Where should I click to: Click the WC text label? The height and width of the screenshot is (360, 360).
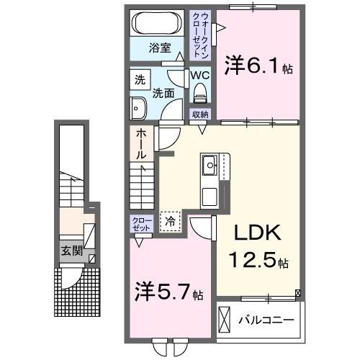click(x=199, y=75)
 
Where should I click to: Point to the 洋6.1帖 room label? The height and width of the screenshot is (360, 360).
click(x=258, y=66)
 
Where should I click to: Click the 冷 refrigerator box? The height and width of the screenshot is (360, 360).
click(x=171, y=222)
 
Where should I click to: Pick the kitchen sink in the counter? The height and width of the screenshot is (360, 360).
click(x=211, y=166)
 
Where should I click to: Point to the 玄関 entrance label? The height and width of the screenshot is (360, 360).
click(x=71, y=251)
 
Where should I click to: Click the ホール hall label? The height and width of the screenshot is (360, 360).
click(x=142, y=144)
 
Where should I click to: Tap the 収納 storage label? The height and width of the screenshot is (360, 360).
click(x=199, y=114)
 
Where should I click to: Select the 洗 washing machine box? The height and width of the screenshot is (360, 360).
click(x=138, y=80)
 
